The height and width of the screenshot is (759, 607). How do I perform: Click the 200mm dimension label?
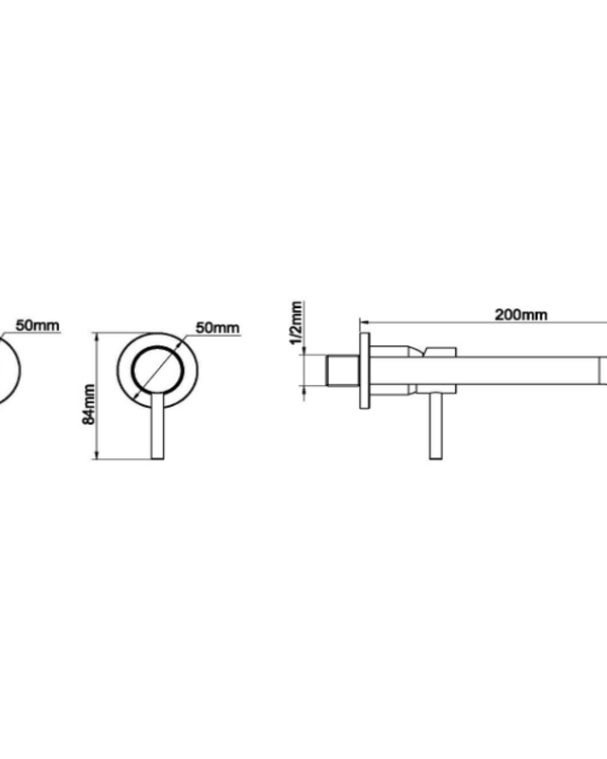[x=521, y=315]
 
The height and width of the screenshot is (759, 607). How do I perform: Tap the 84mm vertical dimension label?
[x=89, y=404]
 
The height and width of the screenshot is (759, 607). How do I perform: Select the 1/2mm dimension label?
[x=296, y=323]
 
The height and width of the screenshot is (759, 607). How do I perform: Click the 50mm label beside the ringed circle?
[x=217, y=327]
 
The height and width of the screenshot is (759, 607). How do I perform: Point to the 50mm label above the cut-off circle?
[x=38, y=325]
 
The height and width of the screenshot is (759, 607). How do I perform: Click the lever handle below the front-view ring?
[x=157, y=425]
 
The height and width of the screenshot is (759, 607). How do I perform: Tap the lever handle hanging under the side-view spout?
[x=435, y=425]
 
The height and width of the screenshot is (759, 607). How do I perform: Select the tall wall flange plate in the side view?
[x=365, y=371]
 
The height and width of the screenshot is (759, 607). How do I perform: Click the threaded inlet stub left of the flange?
[x=342, y=371]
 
